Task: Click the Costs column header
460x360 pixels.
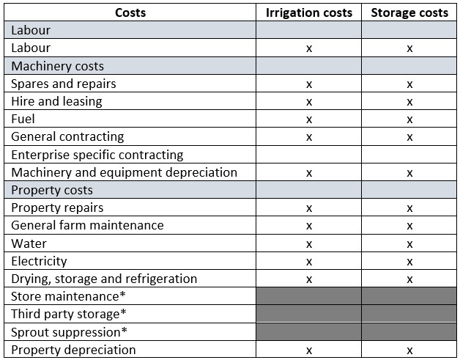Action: [x=130, y=12]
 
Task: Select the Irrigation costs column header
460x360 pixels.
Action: [x=308, y=12]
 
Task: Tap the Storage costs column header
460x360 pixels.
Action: [x=409, y=12]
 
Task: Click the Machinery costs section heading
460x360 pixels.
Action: [x=58, y=66]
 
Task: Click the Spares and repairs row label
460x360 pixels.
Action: [x=64, y=84]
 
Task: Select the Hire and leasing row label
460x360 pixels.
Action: [x=56, y=101]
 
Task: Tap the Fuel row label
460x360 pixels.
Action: [x=23, y=119]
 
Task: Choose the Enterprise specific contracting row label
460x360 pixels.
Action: [x=97, y=155]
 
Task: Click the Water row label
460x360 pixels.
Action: [x=29, y=243]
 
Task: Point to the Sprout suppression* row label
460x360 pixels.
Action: [x=67, y=332]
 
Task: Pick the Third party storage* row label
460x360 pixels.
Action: [x=69, y=314]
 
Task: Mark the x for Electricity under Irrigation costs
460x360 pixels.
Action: [x=308, y=262]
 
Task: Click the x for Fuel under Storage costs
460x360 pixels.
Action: [x=409, y=120]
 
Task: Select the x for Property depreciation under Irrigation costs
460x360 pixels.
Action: [x=308, y=350]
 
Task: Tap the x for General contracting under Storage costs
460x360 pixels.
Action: [x=409, y=137]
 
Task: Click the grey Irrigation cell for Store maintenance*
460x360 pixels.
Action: [x=308, y=296]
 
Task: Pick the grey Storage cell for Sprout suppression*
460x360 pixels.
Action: [x=409, y=332]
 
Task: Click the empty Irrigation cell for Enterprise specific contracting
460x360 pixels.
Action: [x=308, y=155]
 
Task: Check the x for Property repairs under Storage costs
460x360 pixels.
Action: [x=409, y=208]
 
